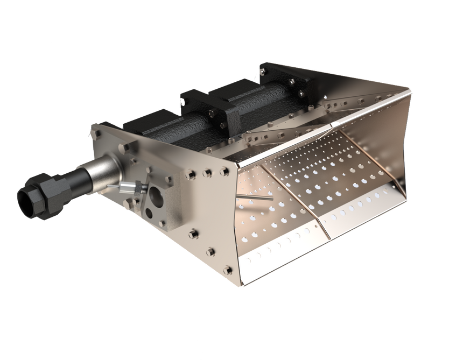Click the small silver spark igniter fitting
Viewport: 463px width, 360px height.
pos(129,187)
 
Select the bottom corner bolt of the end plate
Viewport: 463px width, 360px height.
pos(229,270)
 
